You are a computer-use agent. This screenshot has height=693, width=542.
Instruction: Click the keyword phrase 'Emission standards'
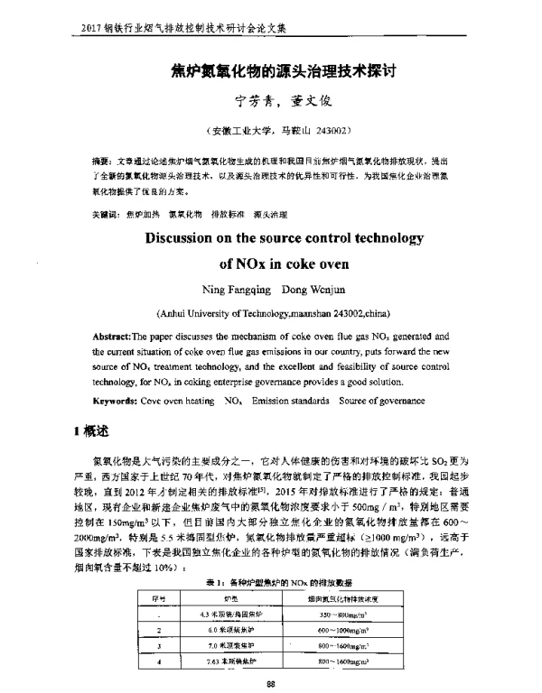(x=292, y=400)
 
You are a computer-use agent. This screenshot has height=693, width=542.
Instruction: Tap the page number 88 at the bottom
(x=271, y=682)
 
